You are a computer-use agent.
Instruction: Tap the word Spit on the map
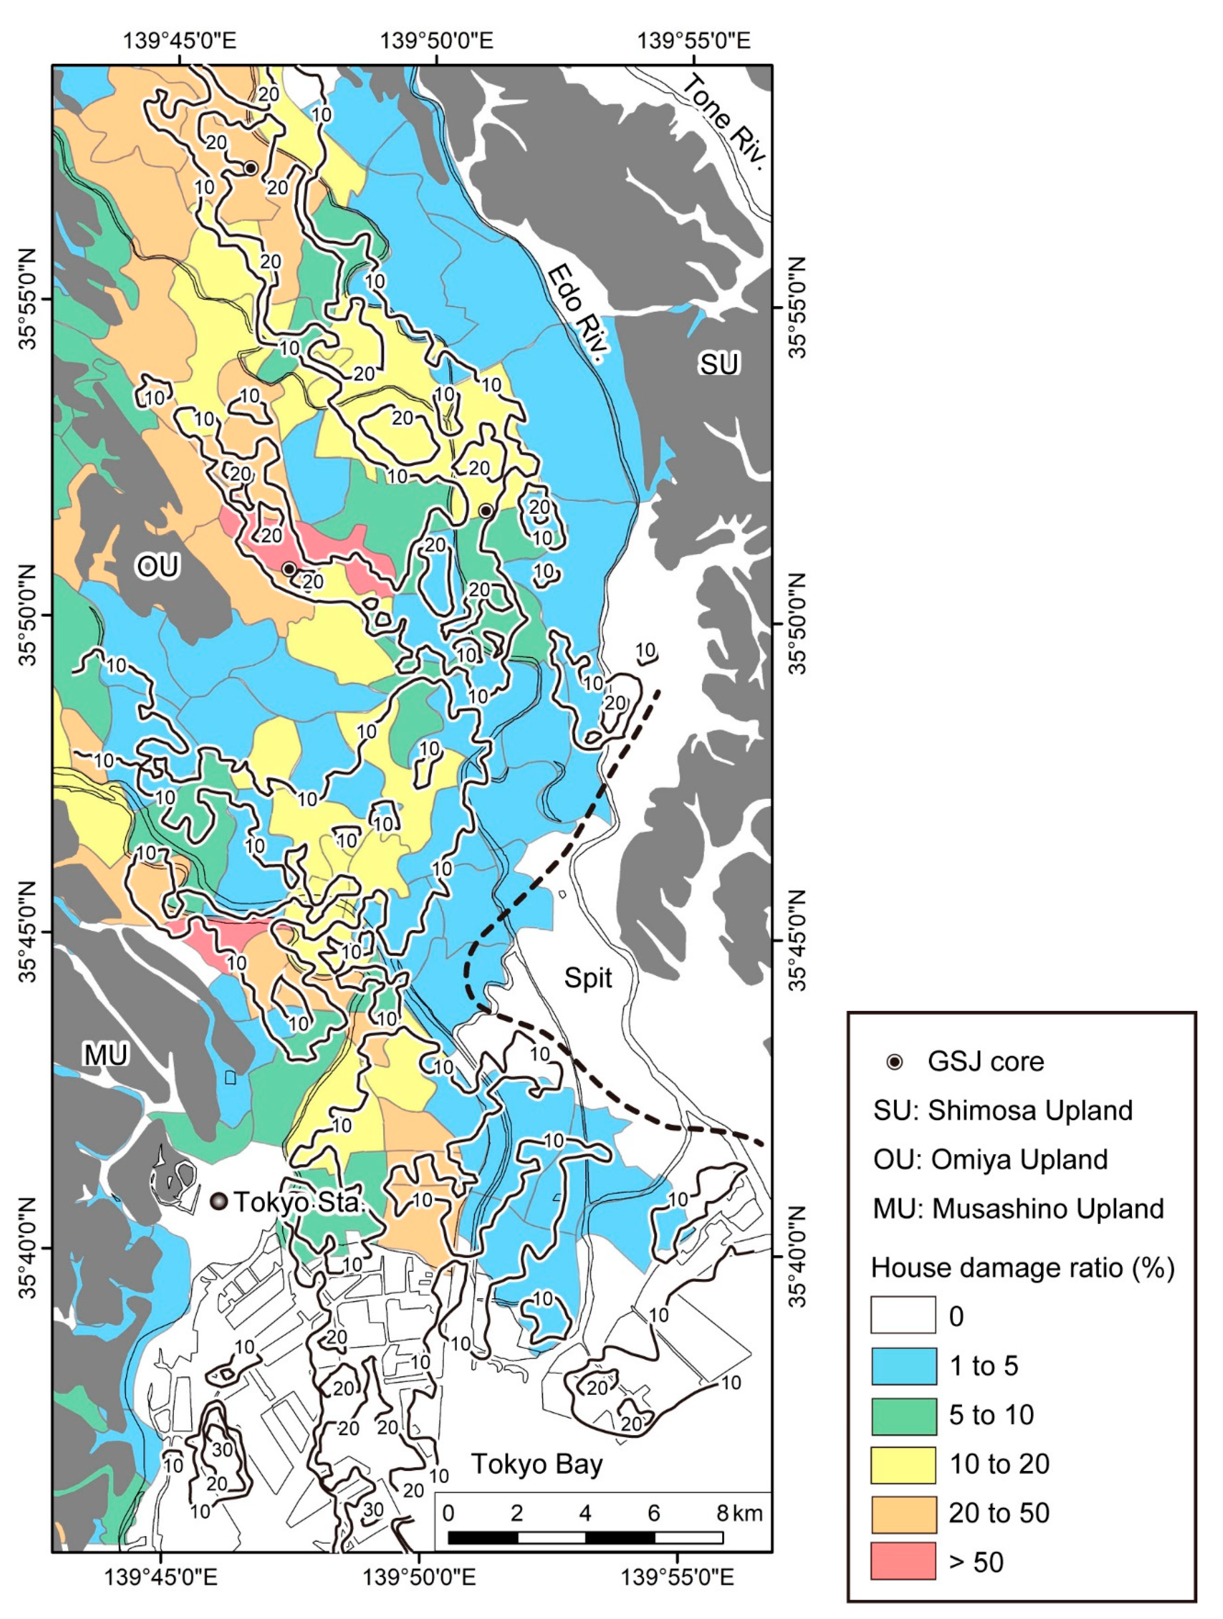588,978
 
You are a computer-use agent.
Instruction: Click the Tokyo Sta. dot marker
218,1201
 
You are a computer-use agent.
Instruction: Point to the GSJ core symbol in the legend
894,1062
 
